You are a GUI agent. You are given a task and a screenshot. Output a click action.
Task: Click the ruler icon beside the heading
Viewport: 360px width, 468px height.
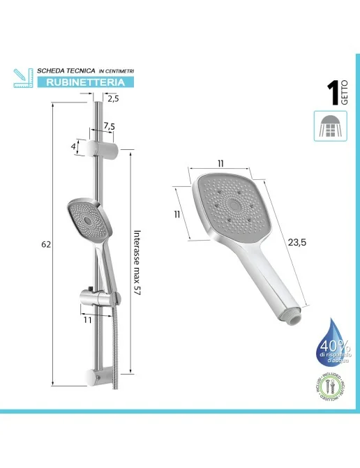click(x=22, y=77)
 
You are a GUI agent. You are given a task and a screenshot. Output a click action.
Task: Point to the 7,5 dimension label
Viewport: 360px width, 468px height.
click(x=109, y=126)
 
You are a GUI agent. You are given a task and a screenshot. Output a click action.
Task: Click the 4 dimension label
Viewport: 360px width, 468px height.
click(x=73, y=146)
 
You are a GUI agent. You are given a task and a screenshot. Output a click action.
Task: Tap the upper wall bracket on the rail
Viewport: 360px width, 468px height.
click(x=103, y=147)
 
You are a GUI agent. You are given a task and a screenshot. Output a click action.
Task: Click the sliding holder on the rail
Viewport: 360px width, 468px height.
click(x=92, y=297)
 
